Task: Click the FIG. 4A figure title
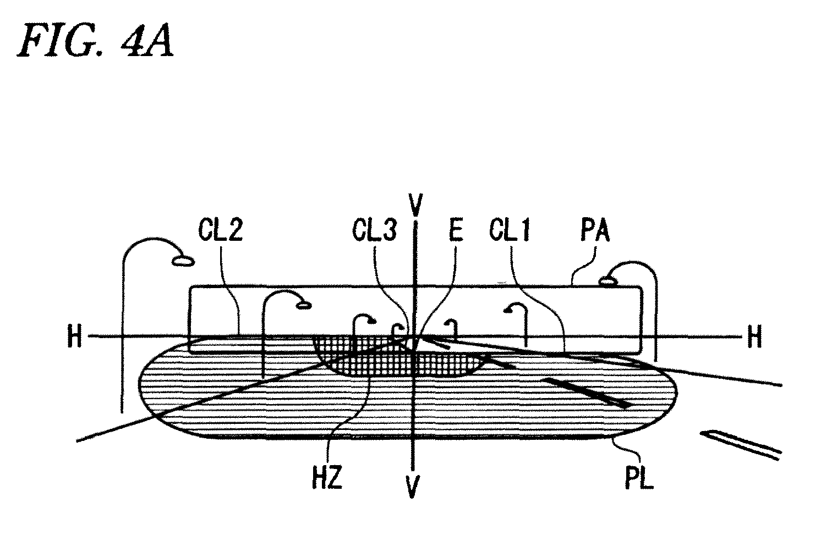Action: tap(95, 40)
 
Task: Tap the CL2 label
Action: tap(221, 230)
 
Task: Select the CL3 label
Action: tap(374, 230)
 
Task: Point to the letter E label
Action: tap(456, 230)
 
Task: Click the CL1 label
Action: tap(510, 230)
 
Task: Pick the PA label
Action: tap(595, 230)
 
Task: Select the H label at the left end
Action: tap(74, 336)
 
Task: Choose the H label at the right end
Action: tap(754, 336)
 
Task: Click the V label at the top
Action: tap(415, 205)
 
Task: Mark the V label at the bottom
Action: tap(413, 487)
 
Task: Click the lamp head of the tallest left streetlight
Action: tap(183, 261)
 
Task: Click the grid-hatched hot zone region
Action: tap(397, 356)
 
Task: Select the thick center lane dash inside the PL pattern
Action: tap(587, 393)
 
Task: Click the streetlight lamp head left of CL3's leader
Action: tap(371, 321)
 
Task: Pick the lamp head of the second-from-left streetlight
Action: tap(303, 306)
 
